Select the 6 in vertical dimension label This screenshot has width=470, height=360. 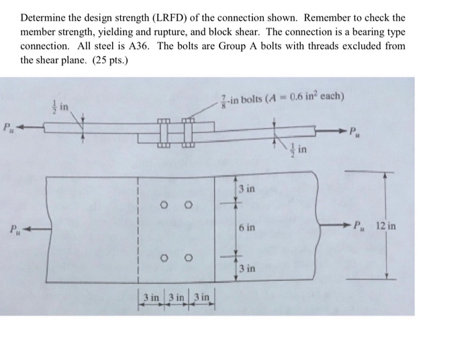(x=247, y=228)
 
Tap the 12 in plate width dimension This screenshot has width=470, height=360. (x=385, y=226)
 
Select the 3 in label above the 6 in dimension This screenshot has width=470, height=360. (x=246, y=189)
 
